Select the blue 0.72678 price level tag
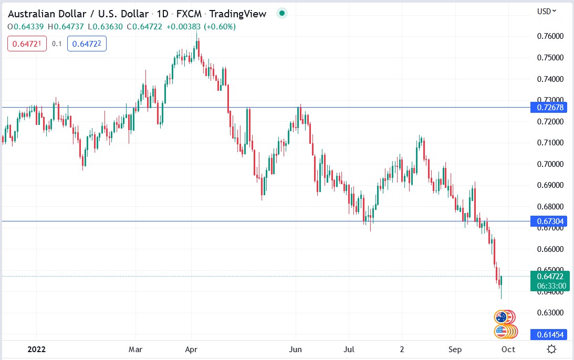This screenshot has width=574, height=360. pyautogui.click(x=549, y=107)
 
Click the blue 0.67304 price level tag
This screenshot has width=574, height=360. pyautogui.click(x=549, y=221)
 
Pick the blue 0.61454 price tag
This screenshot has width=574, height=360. pyautogui.click(x=549, y=334)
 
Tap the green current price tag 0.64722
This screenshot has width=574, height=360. pyautogui.click(x=549, y=276)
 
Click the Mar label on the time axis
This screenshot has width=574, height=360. pyautogui.click(x=135, y=349)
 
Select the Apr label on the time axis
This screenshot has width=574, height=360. pyautogui.click(x=191, y=349)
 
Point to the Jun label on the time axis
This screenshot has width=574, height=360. pyautogui.click(x=296, y=349)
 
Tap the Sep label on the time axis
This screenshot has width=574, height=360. pyautogui.click(x=455, y=349)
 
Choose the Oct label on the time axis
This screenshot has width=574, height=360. pyautogui.click(x=508, y=349)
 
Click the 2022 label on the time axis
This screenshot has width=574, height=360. pyautogui.click(x=36, y=349)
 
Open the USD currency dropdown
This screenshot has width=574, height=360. pyautogui.click(x=547, y=11)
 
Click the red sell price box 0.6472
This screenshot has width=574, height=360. pyautogui.click(x=27, y=44)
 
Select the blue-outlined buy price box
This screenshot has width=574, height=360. pyautogui.click(x=87, y=44)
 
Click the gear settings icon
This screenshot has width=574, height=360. pyautogui.click(x=551, y=349)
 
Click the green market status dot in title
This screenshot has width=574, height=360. pyautogui.click(x=282, y=14)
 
